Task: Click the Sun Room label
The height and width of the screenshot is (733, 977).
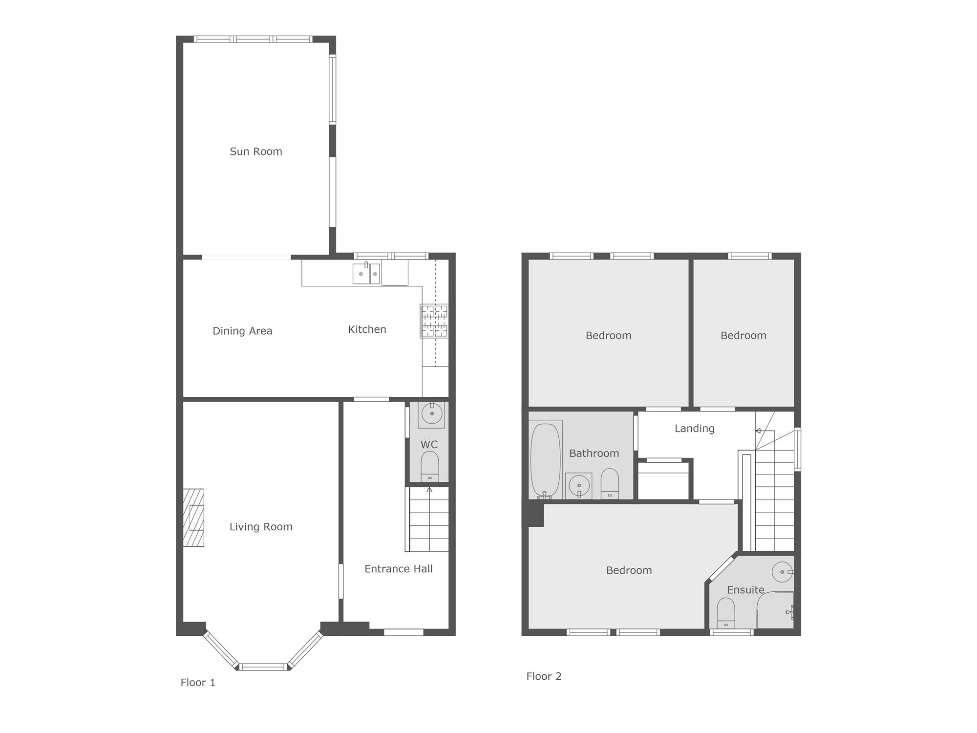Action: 256,151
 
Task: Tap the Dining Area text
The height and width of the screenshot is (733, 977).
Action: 242,331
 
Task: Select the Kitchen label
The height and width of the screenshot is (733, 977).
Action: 367,329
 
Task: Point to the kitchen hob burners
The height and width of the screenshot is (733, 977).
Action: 434,321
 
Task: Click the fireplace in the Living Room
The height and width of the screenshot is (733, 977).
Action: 193,517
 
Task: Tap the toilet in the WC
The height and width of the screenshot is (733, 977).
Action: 430,467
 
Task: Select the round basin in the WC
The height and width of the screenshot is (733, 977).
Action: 432,414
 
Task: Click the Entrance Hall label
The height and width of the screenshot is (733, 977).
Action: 399,569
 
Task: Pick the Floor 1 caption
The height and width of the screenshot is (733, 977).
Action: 198,683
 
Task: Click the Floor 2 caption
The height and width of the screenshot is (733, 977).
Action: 544,676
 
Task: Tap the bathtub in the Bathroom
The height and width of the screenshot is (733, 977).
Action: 545,460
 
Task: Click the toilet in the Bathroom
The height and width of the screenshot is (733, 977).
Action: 610,483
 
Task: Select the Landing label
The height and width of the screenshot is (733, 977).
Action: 694,429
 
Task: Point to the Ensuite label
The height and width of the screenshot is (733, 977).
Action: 745,590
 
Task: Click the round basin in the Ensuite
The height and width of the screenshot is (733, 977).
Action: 782,572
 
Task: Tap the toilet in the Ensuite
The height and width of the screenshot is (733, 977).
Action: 726,613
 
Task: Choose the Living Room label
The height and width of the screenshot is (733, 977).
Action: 261,527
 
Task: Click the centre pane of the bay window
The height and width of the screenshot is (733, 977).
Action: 263,667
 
